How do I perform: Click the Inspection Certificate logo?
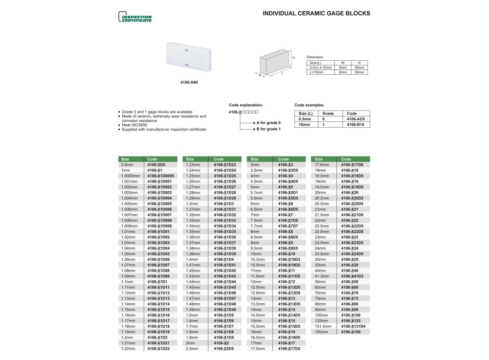[x=135, y=17]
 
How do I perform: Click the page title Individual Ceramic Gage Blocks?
[x=316, y=13]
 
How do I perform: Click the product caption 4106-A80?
[x=189, y=83]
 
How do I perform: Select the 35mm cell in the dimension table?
[x=359, y=72]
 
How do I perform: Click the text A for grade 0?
[x=268, y=122]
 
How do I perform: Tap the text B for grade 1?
[x=268, y=129]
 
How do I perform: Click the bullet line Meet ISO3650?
[x=136, y=125]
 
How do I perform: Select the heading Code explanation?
[x=245, y=105]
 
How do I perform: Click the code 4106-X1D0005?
[x=160, y=176]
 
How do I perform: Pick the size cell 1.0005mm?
[x=130, y=176]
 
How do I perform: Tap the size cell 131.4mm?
[x=323, y=326]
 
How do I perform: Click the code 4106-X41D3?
[x=352, y=276]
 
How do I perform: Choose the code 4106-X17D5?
[x=289, y=349]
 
